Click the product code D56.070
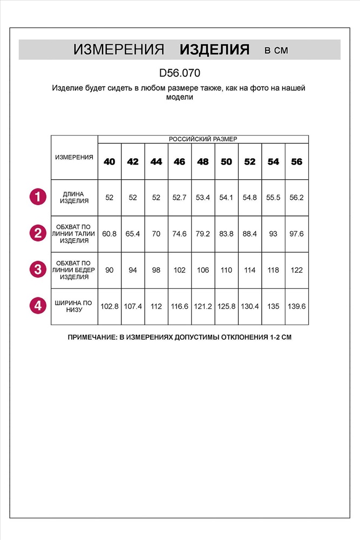tap(180, 72)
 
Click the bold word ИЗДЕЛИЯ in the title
tap(214, 50)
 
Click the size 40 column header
tap(110, 161)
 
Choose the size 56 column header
tap(297, 161)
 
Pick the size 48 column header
tap(203, 161)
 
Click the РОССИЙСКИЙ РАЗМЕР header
tap(203, 139)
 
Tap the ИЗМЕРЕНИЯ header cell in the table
tap(74, 157)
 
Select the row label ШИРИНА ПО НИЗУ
tap(74, 306)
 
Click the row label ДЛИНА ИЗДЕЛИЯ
tap(74, 197)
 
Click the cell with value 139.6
tap(297, 306)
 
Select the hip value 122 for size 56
tap(297, 269)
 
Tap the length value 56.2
tap(297, 198)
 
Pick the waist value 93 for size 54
tap(273, 233)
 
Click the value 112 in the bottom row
tap(157, 306)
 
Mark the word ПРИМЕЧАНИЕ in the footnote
tap(92, 337)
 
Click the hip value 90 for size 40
tap(110, 269)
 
